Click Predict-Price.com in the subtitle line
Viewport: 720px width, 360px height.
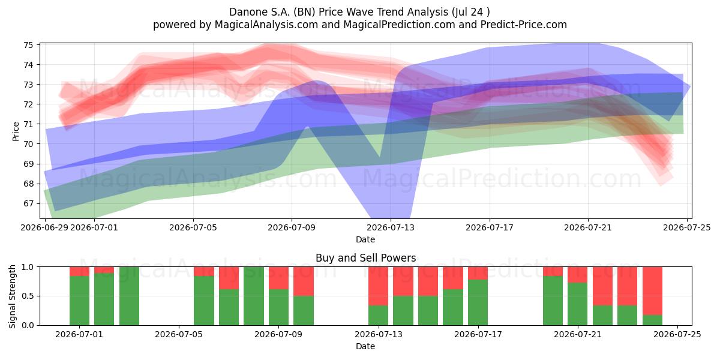pos(524,25)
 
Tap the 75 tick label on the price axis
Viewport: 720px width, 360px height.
pos(28,45)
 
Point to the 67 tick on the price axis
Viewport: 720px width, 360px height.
pos(28,204)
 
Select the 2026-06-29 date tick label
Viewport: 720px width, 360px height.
pos(44,228)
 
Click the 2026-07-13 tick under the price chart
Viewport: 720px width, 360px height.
pos(391,228)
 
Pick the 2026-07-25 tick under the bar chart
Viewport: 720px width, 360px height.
pos(677,335)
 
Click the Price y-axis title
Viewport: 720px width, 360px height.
pos(16,131)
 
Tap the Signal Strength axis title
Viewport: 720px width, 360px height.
pos(12,296)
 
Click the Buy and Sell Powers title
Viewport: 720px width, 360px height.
pos(366,258)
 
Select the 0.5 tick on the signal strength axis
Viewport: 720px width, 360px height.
pos(28,296)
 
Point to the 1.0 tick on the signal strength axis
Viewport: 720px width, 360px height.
pos(28,267)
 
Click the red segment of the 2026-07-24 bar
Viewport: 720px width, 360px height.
pos(653,291)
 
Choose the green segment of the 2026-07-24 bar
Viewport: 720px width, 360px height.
pos(653,320)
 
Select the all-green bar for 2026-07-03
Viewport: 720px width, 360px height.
pos(129,296)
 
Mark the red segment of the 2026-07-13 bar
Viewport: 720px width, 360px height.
pos(379,286)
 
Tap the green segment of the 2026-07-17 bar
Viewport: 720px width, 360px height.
pos(478,302)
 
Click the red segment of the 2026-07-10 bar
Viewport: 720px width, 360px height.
pos(304,281)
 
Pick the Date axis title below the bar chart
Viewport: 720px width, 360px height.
pos(365,347)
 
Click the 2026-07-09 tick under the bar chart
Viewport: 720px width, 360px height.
pos(278,335)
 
